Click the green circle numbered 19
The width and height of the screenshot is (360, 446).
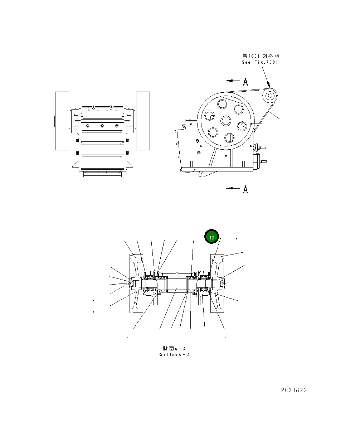211,238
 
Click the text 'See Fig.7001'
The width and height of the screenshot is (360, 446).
259,62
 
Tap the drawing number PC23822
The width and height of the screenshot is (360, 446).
293,390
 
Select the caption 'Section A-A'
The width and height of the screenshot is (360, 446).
174,355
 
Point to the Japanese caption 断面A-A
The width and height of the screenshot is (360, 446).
174,348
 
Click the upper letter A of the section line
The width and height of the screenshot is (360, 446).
245,82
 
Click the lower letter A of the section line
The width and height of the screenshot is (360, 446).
245,189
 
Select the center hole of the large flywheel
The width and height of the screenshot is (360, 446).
225,121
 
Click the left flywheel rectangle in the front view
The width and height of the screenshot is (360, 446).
62,121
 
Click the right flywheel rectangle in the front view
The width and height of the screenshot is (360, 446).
143,121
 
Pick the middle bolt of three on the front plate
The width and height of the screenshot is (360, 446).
102,126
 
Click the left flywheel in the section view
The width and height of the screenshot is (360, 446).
136,283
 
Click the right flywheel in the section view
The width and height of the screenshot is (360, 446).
217,283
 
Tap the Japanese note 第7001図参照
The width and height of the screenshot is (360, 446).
261,56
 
